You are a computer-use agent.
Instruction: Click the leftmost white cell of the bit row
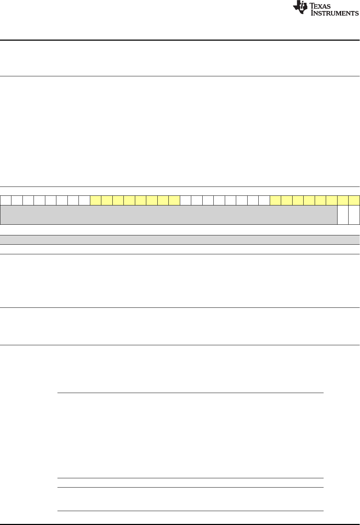(x=6, y=200)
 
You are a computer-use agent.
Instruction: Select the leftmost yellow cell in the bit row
(x=96, y=200)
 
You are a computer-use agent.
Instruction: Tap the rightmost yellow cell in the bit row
(x=354, y=200)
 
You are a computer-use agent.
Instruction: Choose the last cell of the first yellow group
(x=174, y=200)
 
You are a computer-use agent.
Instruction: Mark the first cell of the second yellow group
(x=275, y=200)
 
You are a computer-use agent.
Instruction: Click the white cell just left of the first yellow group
(x=85, y=200)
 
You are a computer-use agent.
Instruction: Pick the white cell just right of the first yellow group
(x=186, y=200)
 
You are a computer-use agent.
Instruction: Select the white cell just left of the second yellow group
(x=264, y=200)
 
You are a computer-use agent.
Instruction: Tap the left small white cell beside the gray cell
(x=343, y=214)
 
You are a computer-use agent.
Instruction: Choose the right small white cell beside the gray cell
(x=354, y=214)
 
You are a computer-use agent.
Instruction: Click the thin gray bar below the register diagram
(x=180, y=239)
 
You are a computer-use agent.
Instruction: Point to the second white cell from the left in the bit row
(x=17, y=200)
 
